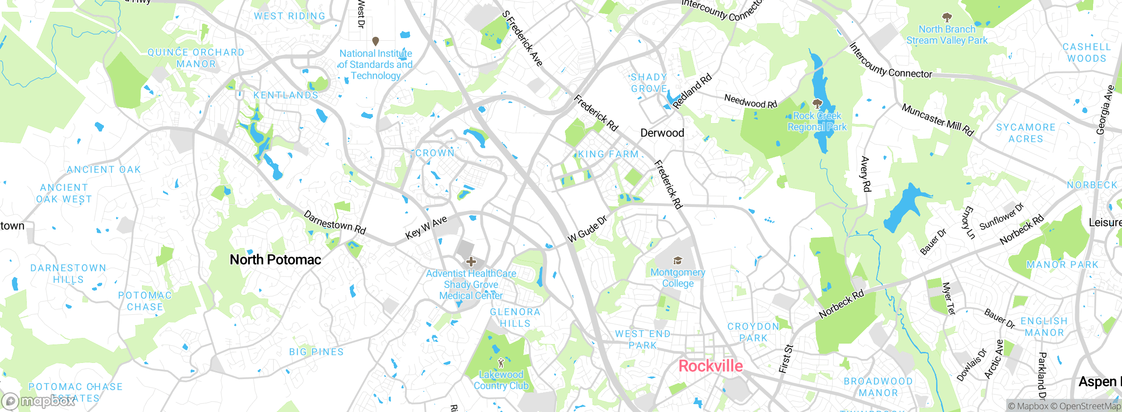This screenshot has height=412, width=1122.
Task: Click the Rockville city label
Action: pos(710,366)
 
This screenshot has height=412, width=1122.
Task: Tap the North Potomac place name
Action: pos(275,259)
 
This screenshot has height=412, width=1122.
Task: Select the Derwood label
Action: pos(662,133)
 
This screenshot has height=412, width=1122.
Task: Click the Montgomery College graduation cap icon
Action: pos(678,261)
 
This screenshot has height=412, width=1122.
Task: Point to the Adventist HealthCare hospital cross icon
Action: pos(471,262)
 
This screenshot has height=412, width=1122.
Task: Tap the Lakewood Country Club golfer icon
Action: pos(501,363)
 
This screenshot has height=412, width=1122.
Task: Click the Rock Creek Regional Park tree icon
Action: pos(817,104)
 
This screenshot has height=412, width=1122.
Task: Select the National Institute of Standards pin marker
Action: pos(376,41)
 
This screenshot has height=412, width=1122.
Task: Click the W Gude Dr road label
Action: pos(587,229)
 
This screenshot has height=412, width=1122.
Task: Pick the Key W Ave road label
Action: pos(426,227)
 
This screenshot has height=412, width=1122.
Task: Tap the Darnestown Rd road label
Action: pos(334,223)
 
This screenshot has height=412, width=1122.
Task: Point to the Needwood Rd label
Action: pos(750,101)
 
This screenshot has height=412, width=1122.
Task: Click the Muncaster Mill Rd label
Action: pos(937,120)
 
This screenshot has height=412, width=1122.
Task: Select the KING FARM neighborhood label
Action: pos(608,154)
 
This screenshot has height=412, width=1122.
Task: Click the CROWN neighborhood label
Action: pos(435,153)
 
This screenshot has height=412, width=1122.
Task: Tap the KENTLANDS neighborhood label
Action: pos(286,95)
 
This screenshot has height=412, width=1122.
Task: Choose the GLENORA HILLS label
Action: pos(515,318)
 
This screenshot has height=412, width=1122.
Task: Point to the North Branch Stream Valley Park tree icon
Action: pos(947,18)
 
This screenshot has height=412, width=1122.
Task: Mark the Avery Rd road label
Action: pos(866,174)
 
